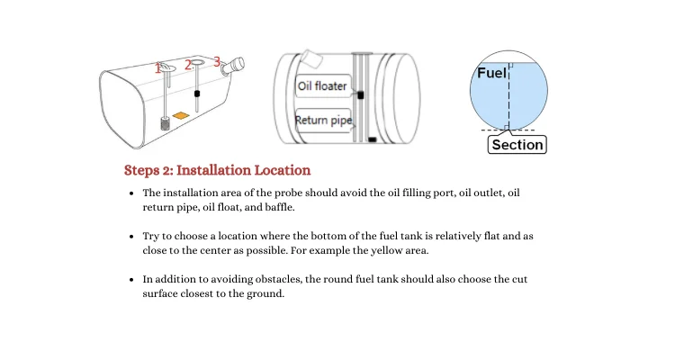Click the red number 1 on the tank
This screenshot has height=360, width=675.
click(158, 67)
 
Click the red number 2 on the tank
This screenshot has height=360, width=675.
click(188, 64)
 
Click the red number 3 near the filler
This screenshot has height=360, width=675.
click(217, 61)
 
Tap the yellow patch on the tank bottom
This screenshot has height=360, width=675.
click(181, 115)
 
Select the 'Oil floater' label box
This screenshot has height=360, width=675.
click(321, 86)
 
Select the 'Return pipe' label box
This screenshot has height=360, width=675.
click(323, 120)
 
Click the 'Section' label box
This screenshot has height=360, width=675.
click(517, 144)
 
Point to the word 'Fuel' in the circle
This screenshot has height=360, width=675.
click(490, 74)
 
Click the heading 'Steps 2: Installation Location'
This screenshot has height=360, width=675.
click(217, 169)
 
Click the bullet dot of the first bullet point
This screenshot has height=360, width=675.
click(133, 193)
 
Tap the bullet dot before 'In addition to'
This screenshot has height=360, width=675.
click(133, 280)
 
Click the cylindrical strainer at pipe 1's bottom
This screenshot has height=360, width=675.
click(166, 123)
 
